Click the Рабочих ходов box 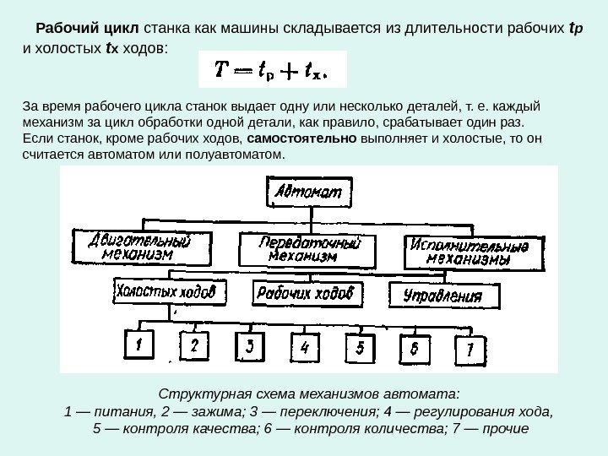(x=307, y=293)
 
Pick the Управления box (x=442, y=296)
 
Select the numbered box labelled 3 (x=249, y=346)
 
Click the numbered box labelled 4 (x=304, y=347)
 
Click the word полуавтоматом (x=243, y=155)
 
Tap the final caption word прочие (x=505, y=429)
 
